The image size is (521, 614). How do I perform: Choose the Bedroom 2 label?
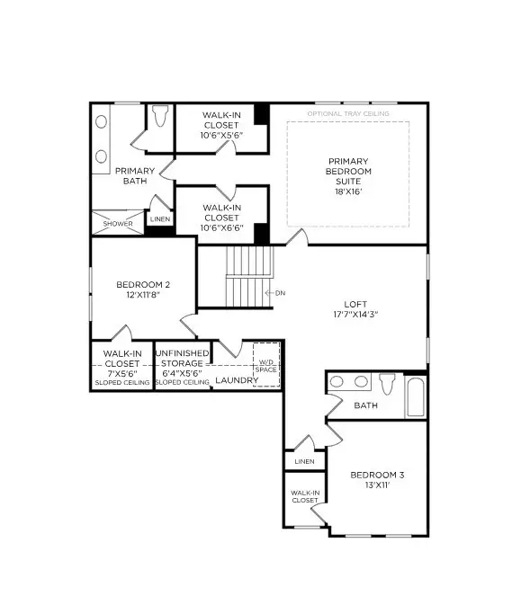143,289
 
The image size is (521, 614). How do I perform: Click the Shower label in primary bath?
117,224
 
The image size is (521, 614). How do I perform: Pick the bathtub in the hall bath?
415,396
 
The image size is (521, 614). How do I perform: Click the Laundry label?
237,381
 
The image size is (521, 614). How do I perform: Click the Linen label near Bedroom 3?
304,462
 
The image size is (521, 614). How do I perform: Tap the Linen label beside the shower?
160,218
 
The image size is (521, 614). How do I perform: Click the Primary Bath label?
135,175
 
